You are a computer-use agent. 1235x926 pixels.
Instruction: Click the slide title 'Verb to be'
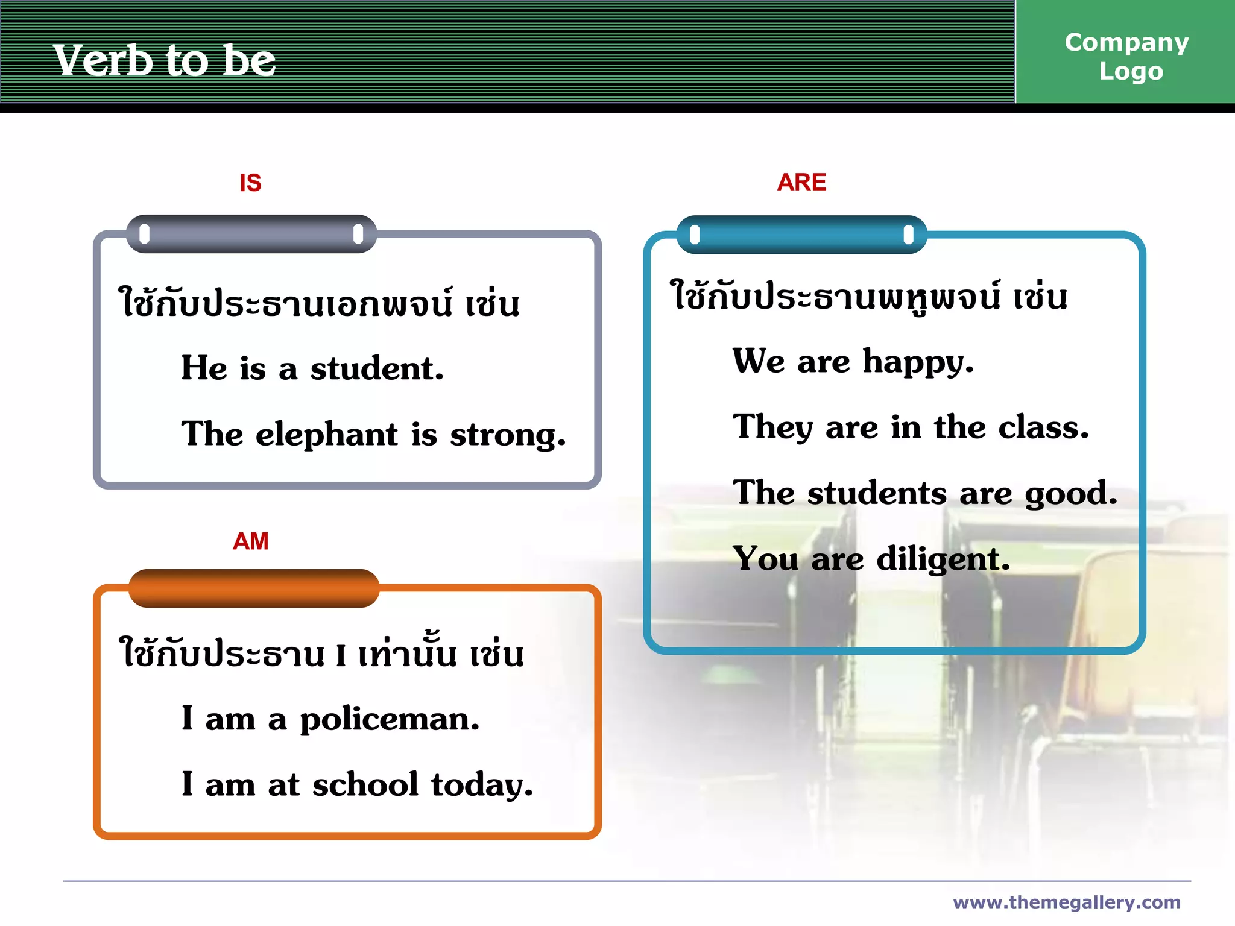tap(164, 60)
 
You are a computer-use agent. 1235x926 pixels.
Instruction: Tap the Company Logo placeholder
tap(1126, 56)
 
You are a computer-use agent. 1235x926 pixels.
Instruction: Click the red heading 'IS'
tap(250, 183)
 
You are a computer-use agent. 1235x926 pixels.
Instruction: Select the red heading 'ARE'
tap(801, 182)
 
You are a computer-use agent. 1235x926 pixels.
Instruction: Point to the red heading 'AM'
tap(250, 541)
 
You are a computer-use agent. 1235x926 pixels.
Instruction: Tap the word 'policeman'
tap(389, 720)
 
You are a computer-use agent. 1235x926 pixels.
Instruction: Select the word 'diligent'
tap(942, 559)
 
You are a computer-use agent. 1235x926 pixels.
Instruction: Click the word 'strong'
tap(507, 435)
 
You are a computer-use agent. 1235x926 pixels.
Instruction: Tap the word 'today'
tap(481, 785)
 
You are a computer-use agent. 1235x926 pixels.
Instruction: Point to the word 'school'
tap(365, 785)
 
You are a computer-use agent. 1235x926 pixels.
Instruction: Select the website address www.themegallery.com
tap(1066, 902)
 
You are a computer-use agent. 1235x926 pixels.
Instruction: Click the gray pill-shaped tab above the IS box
tap(251, 234)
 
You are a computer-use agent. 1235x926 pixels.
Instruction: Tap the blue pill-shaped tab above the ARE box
tap(801, 235)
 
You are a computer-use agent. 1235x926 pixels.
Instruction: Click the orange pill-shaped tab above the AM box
tap(253, 588)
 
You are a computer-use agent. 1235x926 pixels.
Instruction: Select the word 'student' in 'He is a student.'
tap(376, 368)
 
